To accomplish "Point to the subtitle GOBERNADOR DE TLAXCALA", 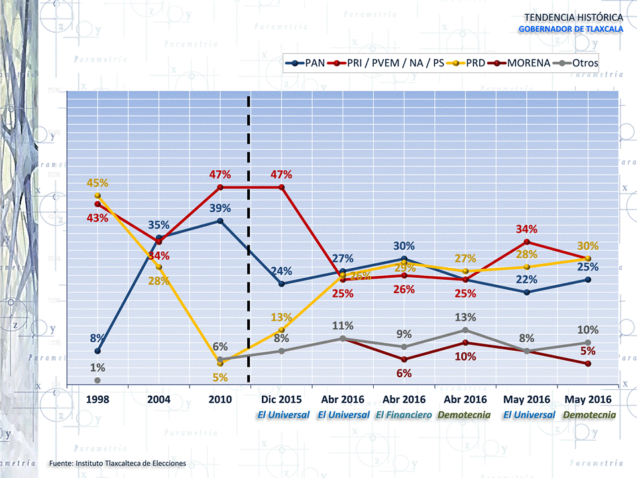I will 570,29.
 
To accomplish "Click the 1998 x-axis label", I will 97,400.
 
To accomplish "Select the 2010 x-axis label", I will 220,400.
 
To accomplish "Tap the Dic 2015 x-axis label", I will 282,400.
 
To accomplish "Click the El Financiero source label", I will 404,414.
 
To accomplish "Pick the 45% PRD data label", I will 98,183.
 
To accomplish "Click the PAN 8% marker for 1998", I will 97,351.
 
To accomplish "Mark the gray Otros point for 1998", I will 97,380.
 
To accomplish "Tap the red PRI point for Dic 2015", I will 282,188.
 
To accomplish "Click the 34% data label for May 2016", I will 527,229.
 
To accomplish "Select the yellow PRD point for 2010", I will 220,363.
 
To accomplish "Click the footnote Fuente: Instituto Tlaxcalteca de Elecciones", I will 117,463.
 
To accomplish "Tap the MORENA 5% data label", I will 587,351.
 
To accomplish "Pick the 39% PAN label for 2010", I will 220,208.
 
